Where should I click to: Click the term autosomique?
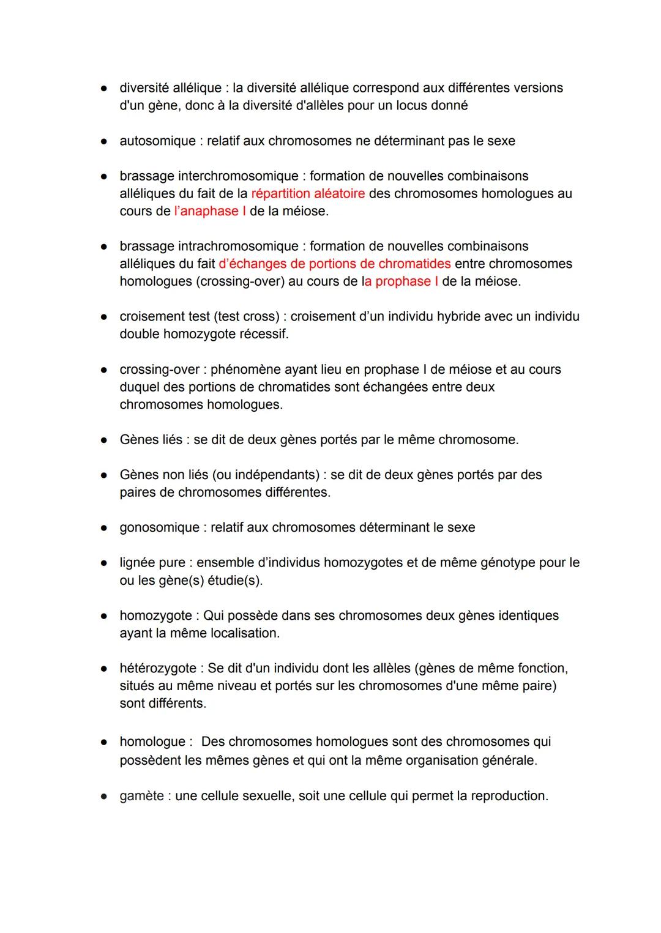(x=157, y=141)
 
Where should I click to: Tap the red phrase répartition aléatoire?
(x=308, y=194)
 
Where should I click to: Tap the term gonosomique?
(x=159, y=528)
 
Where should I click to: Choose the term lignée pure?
(x=152, y=563)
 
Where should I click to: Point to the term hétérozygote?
(x=158, y=669)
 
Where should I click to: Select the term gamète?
(x=141, y=797)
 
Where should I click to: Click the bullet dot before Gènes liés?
(x=105, y=440)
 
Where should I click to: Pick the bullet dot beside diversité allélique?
(x=105, y=89)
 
